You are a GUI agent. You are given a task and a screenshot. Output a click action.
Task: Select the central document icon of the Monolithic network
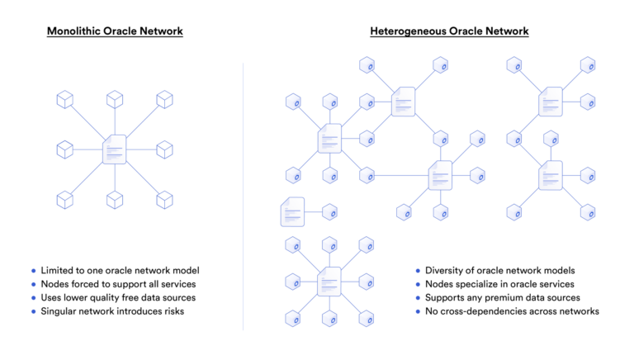[114, 150]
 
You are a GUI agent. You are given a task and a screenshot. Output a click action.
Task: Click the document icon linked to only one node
[292, 212]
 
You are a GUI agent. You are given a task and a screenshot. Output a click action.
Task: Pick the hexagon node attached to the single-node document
[329, 212]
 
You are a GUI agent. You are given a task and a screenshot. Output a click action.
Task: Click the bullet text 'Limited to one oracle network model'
[121, 271]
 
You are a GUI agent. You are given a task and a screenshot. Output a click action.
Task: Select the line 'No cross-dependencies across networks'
[512, 311]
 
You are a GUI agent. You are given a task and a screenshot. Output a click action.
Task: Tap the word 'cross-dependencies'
[485, 311]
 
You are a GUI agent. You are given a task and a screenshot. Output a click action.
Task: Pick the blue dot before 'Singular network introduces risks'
[33, 311]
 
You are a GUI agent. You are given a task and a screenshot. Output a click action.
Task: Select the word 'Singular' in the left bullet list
[61, 311]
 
